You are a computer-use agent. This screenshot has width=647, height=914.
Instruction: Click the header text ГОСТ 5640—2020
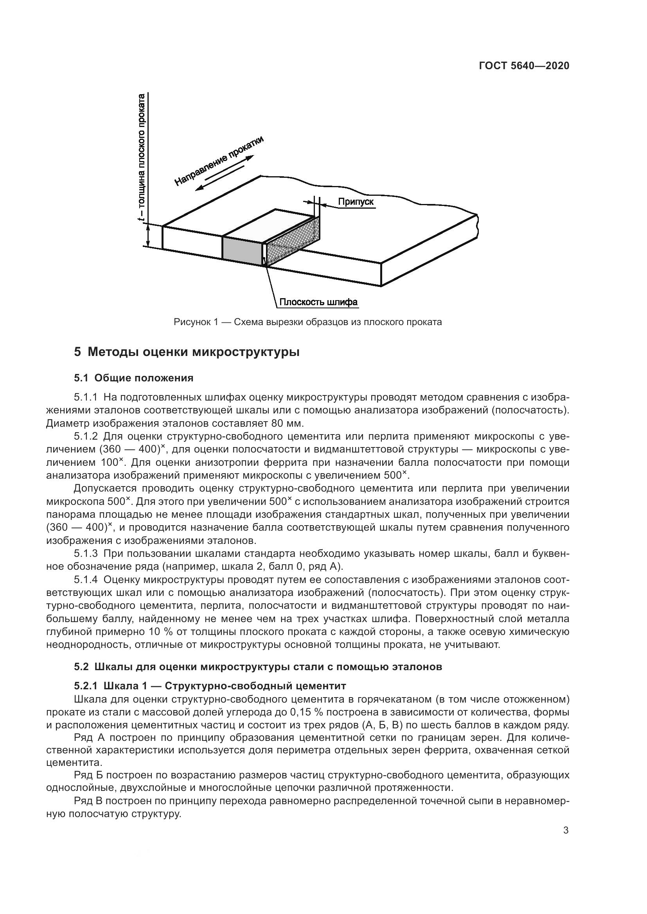524,66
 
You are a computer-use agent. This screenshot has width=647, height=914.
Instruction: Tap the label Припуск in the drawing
356,202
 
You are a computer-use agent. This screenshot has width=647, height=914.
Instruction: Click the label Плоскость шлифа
318,302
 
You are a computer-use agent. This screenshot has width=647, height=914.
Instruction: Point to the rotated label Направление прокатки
219,161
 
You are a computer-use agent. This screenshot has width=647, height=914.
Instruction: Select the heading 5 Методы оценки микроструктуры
187,352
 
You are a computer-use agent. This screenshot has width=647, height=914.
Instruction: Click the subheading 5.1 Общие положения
133,378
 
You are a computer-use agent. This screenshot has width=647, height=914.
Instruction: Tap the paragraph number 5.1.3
86,553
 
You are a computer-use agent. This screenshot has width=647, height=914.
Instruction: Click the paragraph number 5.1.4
86,579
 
